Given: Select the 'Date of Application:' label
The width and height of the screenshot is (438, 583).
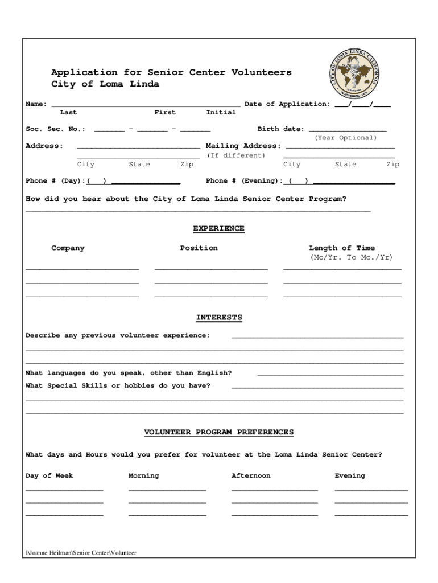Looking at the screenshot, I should click(x=287, y=104).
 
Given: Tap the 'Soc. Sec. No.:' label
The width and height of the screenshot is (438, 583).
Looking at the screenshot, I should click(x=55, y=129).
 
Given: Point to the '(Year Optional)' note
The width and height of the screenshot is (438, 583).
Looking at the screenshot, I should click(x=345, y=138).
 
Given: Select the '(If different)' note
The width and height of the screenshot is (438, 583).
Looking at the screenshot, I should click(x=235, y=155).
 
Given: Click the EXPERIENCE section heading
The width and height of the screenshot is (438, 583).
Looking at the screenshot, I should click(x=218, y=229).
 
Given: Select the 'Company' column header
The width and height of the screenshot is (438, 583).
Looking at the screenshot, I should click(x=68, y=248).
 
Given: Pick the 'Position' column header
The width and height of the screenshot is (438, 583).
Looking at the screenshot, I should click(x=199, y=248).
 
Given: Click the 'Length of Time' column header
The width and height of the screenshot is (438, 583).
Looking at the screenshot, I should click(x=341, y=248).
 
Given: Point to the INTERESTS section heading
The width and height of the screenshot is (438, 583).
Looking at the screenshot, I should click(x=219, y=318).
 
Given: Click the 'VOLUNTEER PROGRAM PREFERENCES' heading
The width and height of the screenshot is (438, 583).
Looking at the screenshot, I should click(x=218, y=433).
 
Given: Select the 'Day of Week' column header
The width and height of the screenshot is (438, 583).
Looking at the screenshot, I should click(x=49, y=476).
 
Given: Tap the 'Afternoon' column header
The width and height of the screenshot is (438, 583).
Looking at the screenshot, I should click(x=251, y=476).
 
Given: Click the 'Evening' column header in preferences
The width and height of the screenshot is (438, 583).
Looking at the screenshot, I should click(x=349, y=476).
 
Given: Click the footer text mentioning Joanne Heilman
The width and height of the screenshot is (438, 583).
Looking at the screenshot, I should click(x=81, y=553).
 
